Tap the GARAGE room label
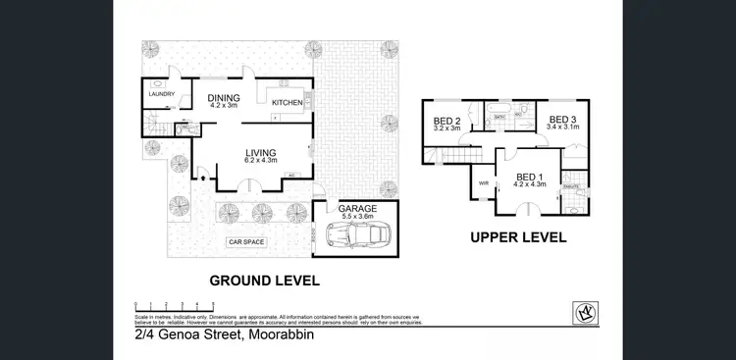pyautogui.click(x=356, y=209)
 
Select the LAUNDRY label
pyautogui.click(x=162, y=94)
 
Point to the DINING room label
pyautogui.click(x=225, y=96)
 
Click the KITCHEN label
pyautogui.click(x=286, y=102)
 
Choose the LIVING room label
pyautogui.click(x=260, y=152)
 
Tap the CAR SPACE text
pyautogui.click(x=246, y=241)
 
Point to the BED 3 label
pyautogui.click(x=563, y=119)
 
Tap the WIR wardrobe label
pyautogui.click(x=483, y=182)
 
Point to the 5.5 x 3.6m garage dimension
pyautogui.click(x=356, y=218)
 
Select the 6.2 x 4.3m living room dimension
pyautogui.click(x=260, y=161)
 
